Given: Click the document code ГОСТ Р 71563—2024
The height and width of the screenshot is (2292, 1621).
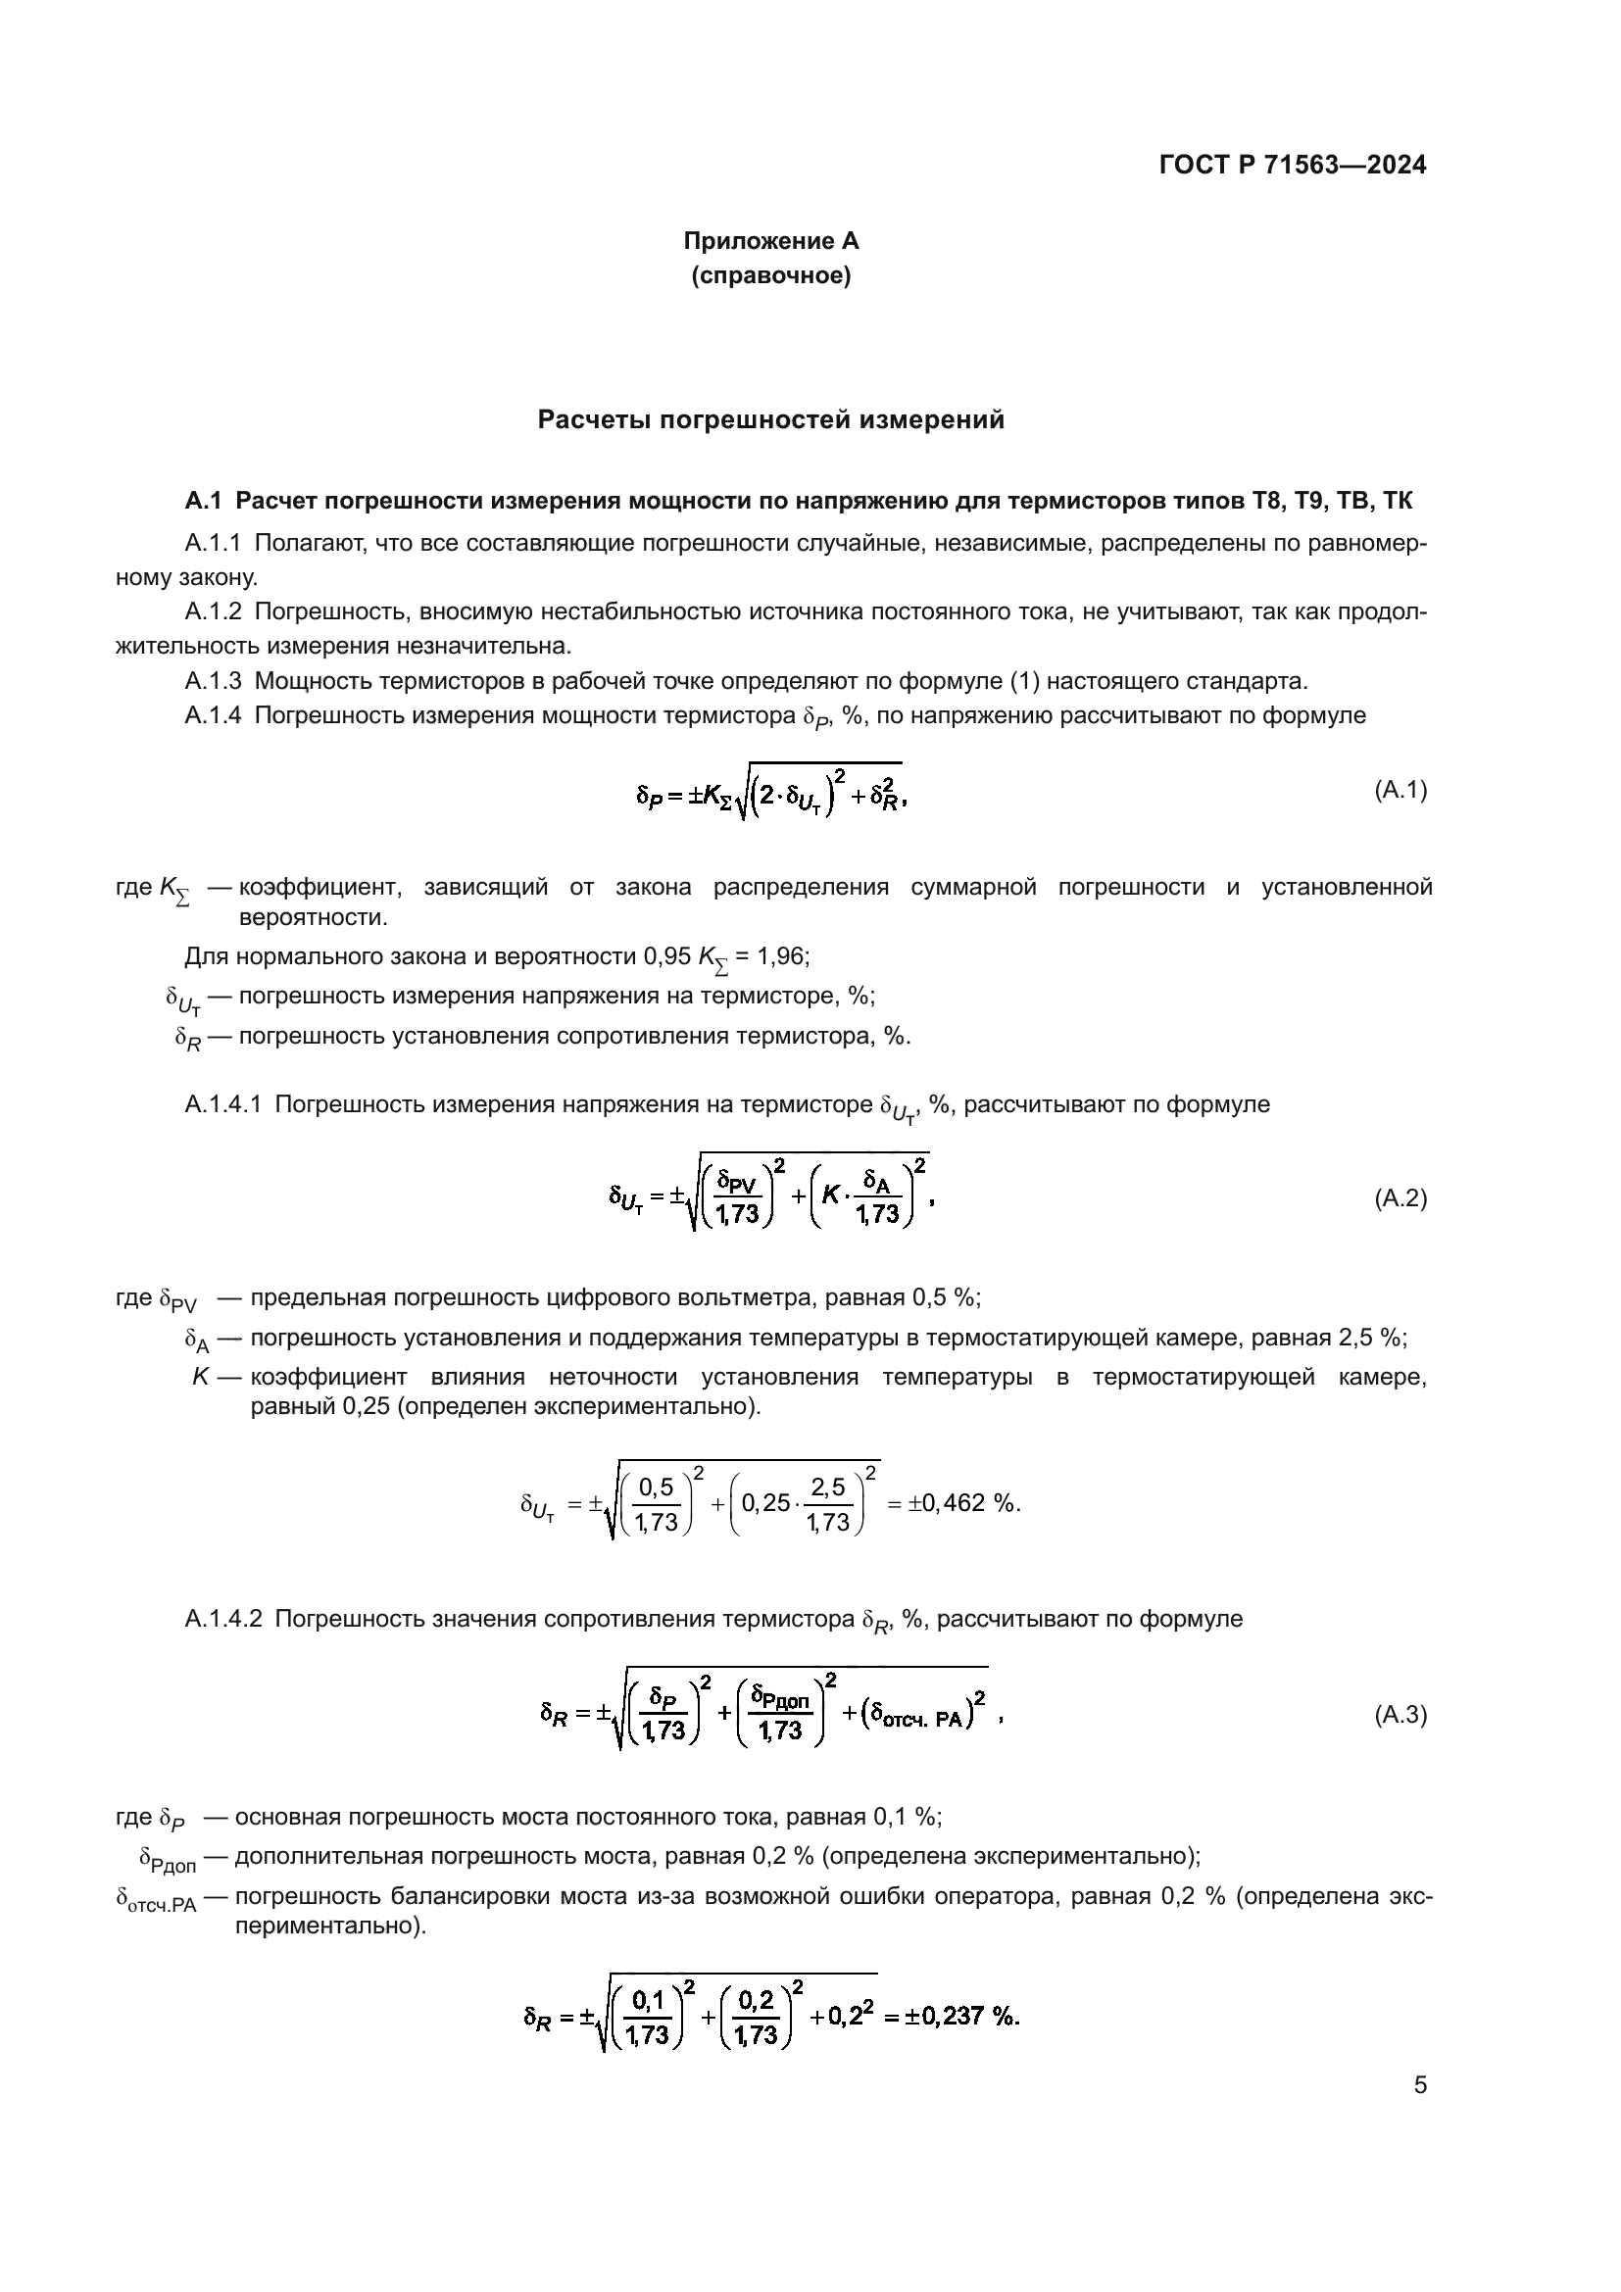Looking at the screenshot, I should tap(1293, 165).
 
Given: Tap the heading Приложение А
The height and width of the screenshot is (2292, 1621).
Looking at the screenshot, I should tap(770, 241).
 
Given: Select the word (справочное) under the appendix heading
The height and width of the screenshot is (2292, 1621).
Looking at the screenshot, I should tap(770, 275).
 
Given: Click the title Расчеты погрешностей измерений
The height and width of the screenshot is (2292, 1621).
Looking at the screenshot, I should tap(770, 419).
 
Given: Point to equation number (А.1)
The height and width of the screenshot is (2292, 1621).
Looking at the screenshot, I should tap(1400, 790).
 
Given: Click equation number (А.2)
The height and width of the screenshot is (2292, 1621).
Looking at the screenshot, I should tap(1400, 1197).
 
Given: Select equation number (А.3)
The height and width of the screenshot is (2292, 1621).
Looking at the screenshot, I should tap(1400, 1714).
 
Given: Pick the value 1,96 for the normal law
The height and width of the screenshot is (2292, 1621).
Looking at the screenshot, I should tap(781, 956).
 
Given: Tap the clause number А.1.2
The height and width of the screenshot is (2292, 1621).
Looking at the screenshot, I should tap(213, 610).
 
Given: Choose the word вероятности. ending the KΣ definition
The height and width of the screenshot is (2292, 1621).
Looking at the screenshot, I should tap(314, 916).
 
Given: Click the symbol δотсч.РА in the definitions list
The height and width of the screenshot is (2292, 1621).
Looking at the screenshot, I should tap(157, 1897).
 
